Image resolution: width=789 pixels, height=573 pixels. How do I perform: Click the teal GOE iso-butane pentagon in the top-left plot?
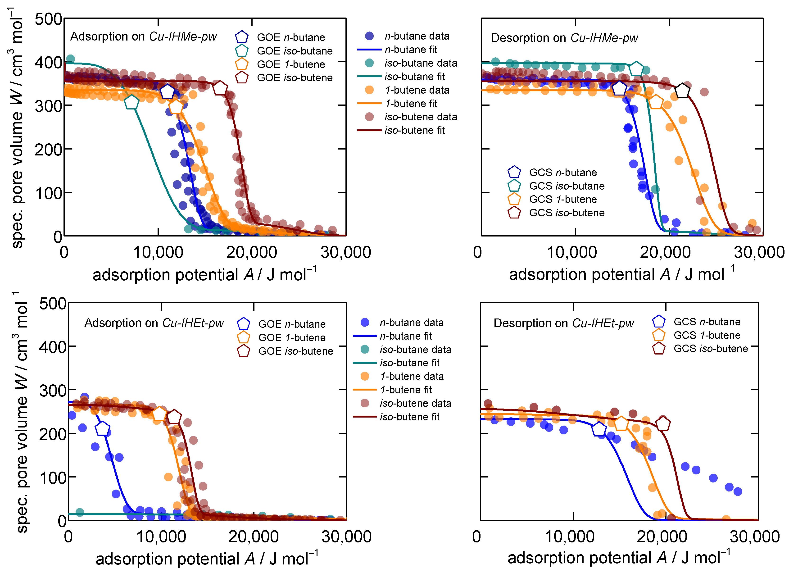tap(131, 102)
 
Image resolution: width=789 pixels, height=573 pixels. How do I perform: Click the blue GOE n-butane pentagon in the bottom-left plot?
tap(103, 429)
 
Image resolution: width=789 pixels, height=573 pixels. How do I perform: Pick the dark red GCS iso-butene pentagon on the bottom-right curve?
tap(663, 424)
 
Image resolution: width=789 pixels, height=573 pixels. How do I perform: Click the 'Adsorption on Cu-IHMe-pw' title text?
tap(143, 36)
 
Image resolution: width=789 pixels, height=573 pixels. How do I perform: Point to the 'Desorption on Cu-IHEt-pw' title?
tap(564, 323)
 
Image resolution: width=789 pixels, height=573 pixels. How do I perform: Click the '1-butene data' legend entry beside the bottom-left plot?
tap(412, 377)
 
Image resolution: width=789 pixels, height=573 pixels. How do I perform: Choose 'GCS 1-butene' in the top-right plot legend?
tap(562, 199)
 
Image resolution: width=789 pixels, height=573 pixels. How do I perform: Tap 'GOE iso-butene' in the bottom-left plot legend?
tap(295, 351)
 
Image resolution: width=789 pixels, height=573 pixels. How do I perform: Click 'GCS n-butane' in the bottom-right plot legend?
tap(707, 322)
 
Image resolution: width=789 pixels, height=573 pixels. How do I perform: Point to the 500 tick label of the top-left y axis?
tap(48, 19)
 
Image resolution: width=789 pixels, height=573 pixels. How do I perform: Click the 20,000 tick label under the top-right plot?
tap(665, 252)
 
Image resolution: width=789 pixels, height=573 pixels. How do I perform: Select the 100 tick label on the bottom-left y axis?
tap(53, 478)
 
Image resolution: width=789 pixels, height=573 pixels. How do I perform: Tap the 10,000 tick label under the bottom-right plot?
tap(570, 537)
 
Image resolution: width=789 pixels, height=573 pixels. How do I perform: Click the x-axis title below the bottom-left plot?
tap(207, 559)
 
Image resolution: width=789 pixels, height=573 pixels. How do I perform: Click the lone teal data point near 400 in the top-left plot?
tap(70, 59)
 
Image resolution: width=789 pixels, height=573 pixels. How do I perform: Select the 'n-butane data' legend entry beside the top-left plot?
tap(417, 36)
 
